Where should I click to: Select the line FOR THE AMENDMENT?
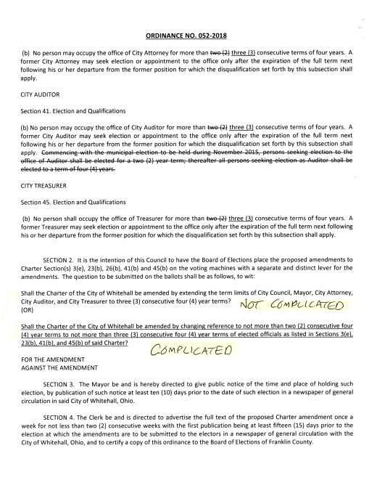tap(54, 359)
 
